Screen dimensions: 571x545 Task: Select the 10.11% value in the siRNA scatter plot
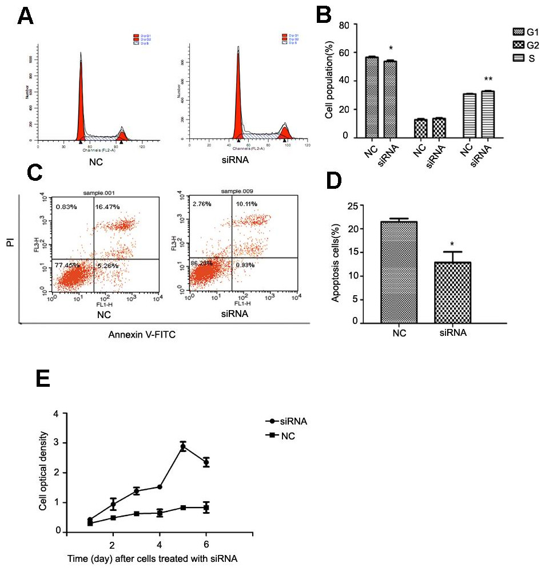click(x=247, y=203)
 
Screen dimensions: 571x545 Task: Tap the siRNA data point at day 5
click(x=183, y=447)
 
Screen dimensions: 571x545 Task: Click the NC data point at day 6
click(x=206, y=508)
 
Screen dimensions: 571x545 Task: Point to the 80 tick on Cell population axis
click(x=344, y=25)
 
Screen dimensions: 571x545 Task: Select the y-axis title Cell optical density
click(x=43, y=472)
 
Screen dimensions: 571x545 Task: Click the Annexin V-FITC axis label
click(x=141, y=336)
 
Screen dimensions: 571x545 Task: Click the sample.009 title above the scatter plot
click(x=236, y=189)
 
